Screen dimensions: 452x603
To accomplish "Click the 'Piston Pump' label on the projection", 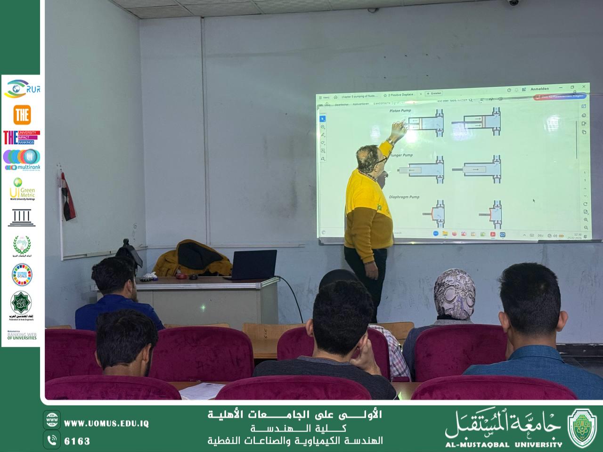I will point(400,111).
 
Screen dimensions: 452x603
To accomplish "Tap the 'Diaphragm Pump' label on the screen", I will point(404,197).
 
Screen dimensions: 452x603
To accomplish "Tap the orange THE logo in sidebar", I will point(22,114).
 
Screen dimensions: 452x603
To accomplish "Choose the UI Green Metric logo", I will point(22,189).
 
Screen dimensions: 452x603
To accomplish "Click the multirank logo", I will point(22,160).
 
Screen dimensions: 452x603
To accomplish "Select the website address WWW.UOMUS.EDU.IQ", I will point(106,423).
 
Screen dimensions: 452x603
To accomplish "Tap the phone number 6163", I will point(77,441).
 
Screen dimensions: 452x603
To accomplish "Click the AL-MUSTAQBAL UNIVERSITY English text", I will point(504,444).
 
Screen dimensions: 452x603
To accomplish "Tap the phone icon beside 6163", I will point(52,440).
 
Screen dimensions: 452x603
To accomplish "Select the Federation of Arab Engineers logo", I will point(22,306).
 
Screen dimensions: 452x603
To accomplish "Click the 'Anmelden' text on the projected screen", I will point(539,89).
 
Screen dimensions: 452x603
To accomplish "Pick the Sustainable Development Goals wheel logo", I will point(22,274).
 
